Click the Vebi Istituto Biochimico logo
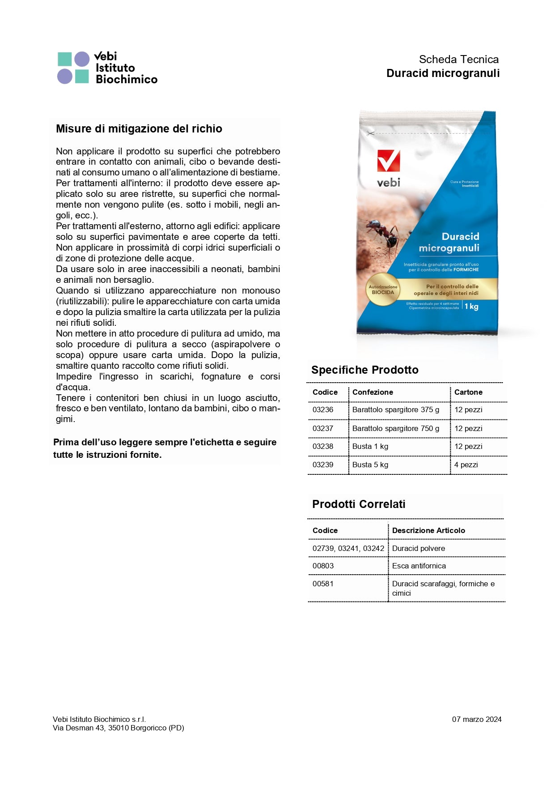click(107, 68)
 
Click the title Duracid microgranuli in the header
click(443, 73)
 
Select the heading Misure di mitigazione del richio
click(139, 129)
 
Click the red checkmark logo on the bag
click(388, 161)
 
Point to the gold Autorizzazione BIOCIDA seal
click(383, 290)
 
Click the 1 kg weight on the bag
click(471, 307)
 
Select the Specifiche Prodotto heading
click(365, 370)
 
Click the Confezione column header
click(373, 392)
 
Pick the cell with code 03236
click(323, 410)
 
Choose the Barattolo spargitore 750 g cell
click(396, 429)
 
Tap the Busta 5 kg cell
click(370, 465)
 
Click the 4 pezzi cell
click(466, 465)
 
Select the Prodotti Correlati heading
click(359, 504)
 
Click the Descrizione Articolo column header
click(428, 531)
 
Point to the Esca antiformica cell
click(419, 566)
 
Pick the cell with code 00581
click(323, 584)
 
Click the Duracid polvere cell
click(419, 549)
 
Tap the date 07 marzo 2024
click(477, 720)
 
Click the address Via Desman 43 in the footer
click(119, 728)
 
